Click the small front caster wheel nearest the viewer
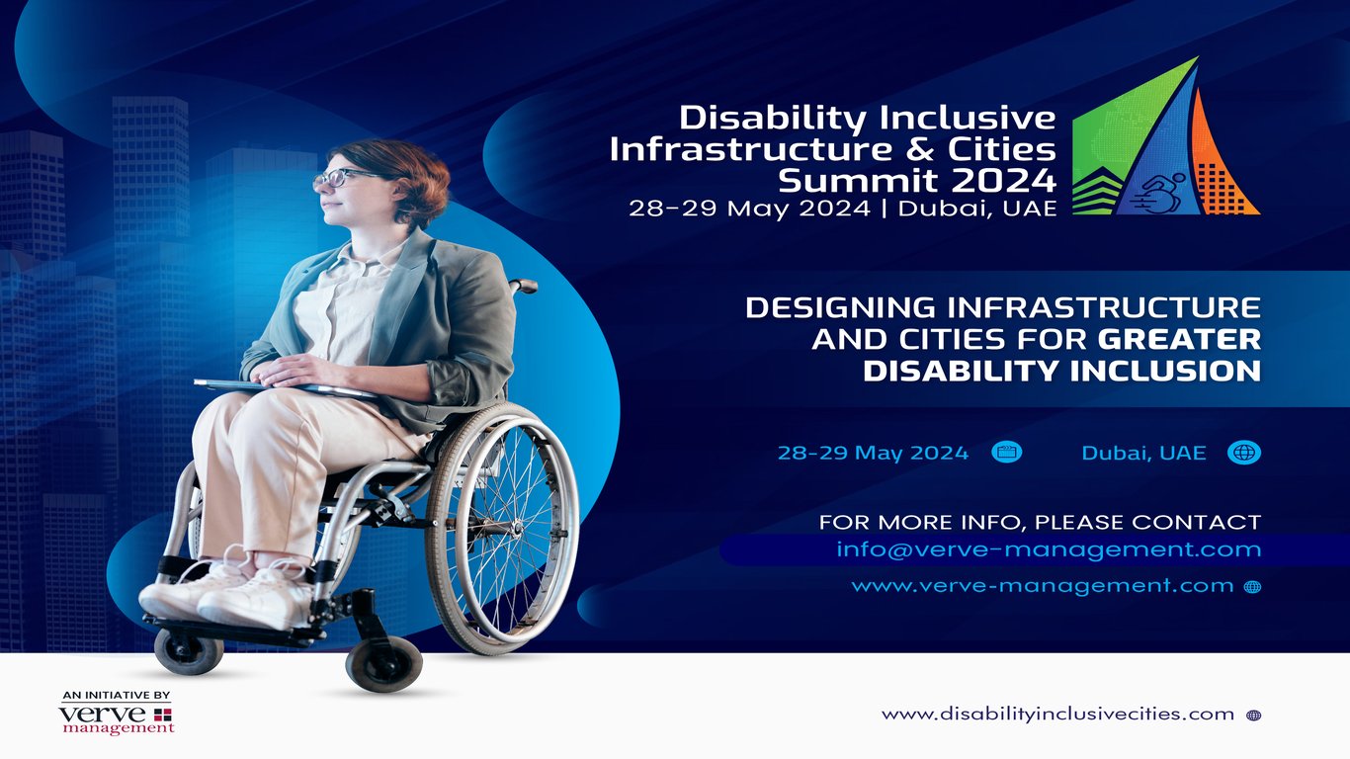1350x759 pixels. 383,663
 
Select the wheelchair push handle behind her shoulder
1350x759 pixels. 524,287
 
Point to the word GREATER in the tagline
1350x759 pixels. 1179,339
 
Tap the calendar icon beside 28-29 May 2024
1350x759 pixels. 1006,453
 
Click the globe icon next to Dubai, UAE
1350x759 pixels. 1243,453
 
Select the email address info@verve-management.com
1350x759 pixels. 1049,549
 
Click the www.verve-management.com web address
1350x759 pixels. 1042,586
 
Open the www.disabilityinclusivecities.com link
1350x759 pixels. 1057,714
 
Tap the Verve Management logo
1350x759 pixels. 117,719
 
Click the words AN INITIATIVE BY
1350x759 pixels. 116,695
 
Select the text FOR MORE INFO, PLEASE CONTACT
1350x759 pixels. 1040,521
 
